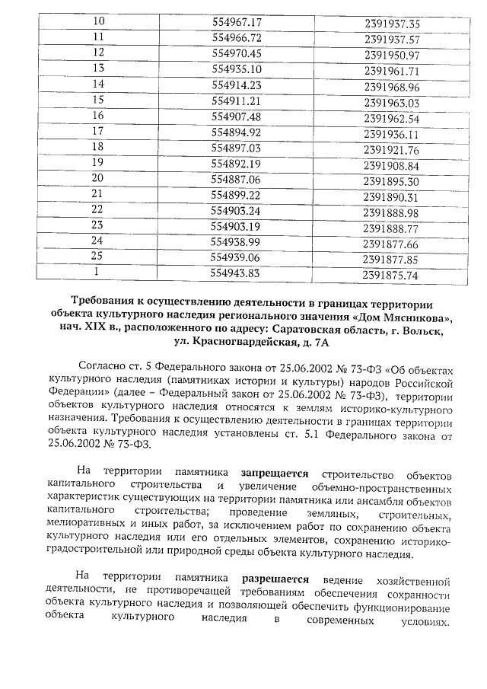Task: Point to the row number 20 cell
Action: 97,180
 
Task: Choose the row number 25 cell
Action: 97,257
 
